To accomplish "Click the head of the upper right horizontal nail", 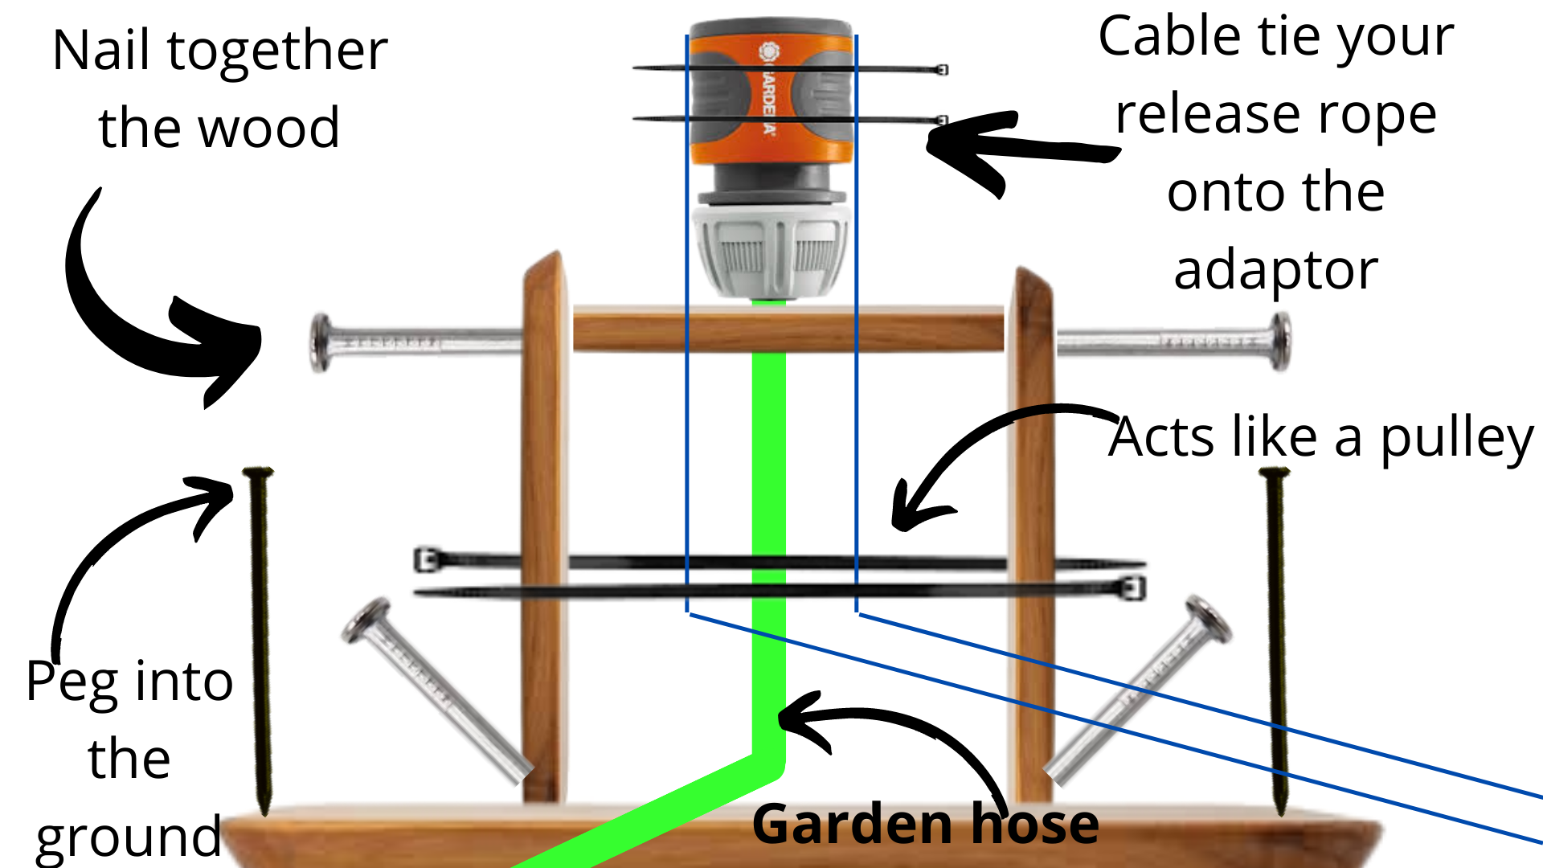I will pos(1279,342).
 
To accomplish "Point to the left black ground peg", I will pos(260,643).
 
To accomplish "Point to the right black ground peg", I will pos(1277,643).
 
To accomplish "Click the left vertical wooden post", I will pos(544,522).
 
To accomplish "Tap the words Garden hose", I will pos(924,825).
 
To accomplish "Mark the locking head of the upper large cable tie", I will pos(425,559).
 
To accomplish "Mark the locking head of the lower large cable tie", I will pos(1134,588).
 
